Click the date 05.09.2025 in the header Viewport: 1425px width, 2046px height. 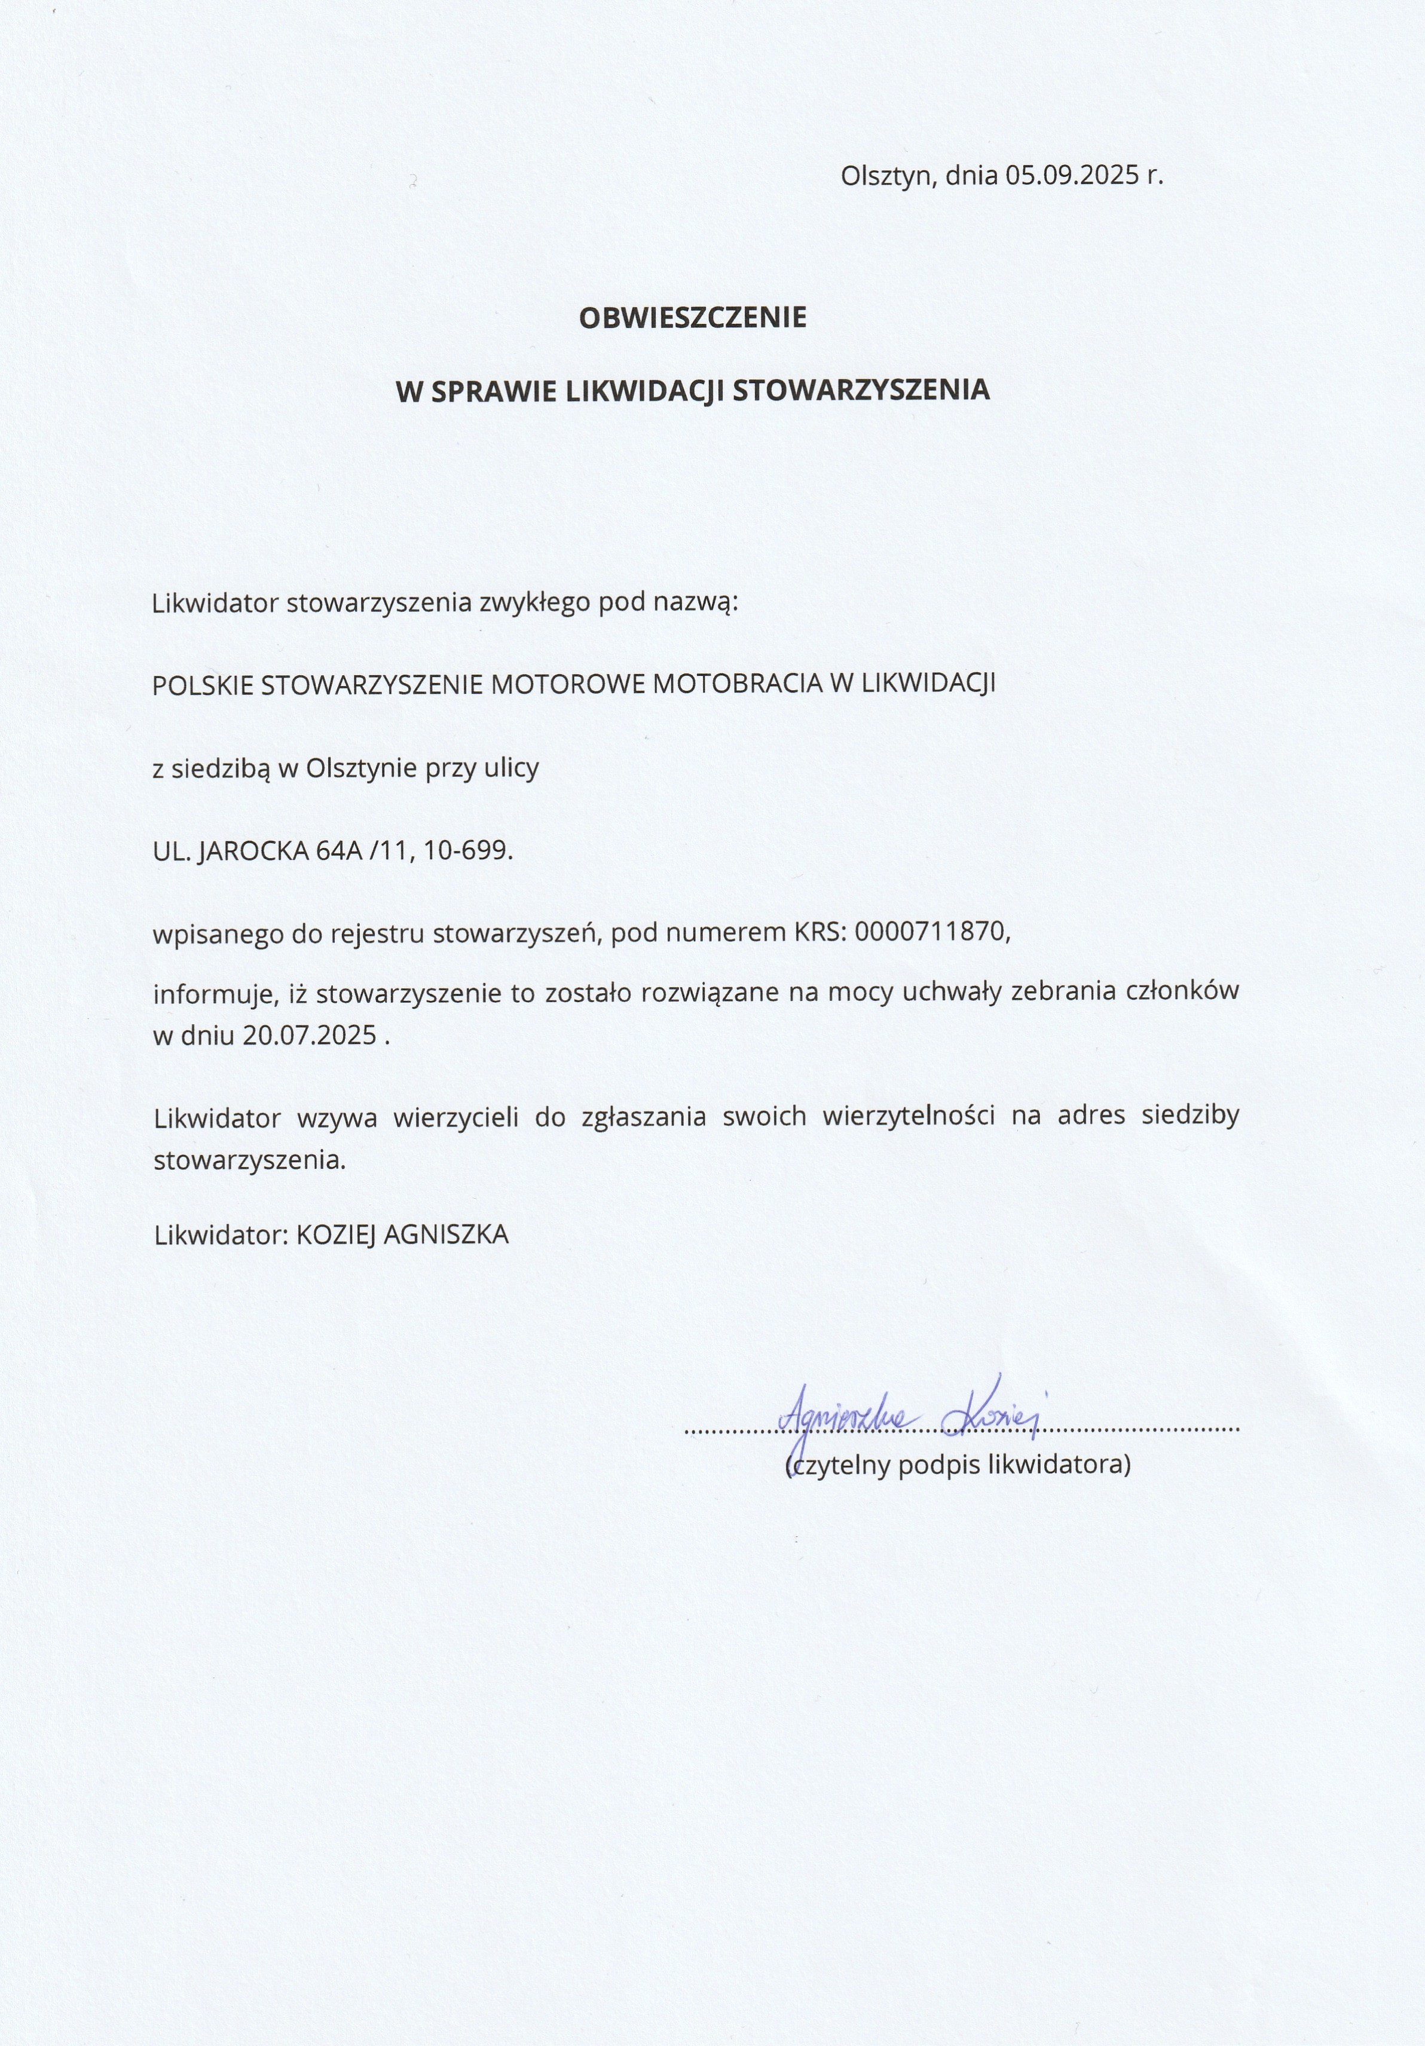1072,174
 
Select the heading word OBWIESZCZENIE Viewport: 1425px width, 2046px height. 692,318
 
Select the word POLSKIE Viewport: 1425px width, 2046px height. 203,684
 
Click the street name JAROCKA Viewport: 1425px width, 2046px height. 253,851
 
